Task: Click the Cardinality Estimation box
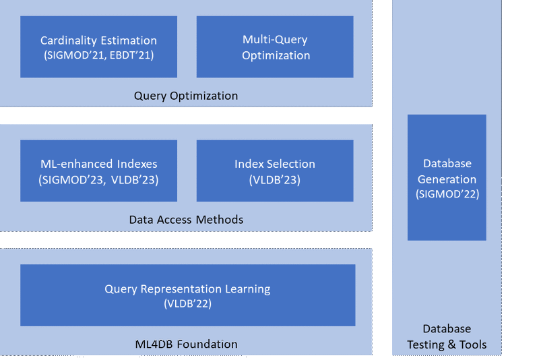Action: point(98,47)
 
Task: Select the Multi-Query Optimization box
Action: point(275,47)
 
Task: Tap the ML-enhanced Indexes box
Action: point(98,171)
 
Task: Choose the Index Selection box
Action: point(275,171)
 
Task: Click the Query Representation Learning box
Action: point(187,295)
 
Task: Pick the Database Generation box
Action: point(447,177)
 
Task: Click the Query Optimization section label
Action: point(186,96)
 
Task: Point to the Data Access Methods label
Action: point(186,219)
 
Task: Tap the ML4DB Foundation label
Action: point(186,344)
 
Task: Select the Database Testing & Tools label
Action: point(447,336)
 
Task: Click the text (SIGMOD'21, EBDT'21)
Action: point(98,55)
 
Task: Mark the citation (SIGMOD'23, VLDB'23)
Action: point(98,180)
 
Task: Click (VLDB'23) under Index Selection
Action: point(275,180)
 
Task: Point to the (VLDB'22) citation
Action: point(187,304)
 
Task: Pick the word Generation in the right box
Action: point(447,179)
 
